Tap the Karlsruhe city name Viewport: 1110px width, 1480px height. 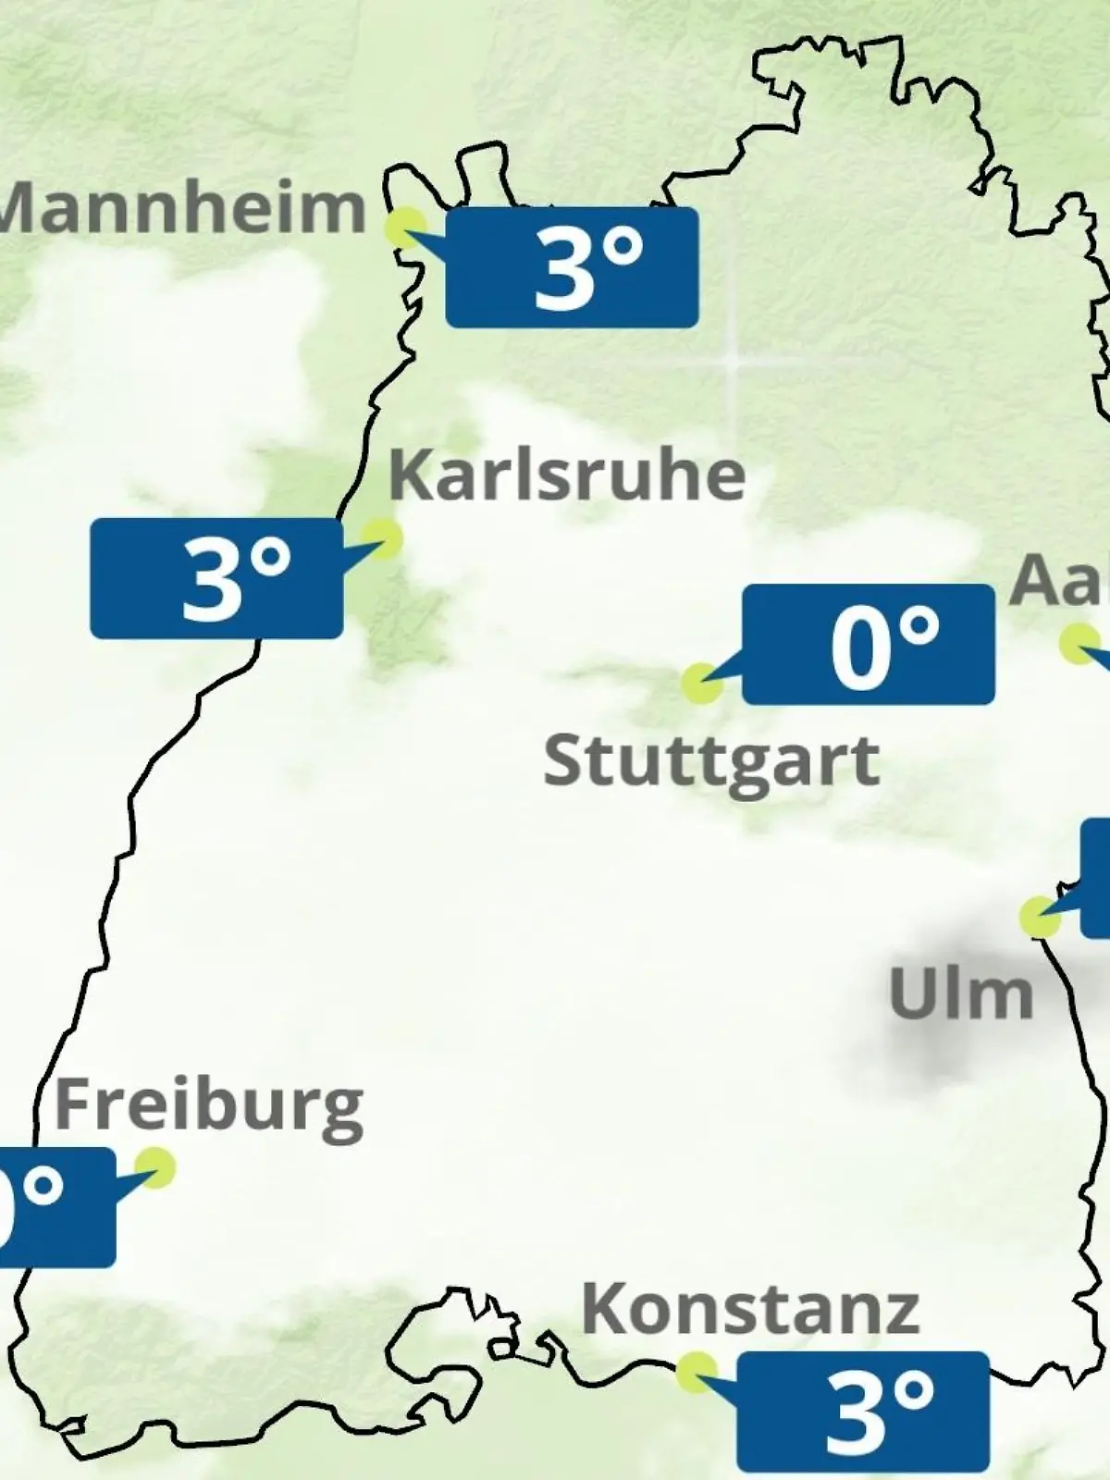(567, 475)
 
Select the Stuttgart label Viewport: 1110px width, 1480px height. (710, 762)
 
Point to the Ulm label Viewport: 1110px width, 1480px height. (960, 994)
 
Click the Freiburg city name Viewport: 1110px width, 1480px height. (209, 1106)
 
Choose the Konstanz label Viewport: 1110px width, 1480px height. (750, 1310)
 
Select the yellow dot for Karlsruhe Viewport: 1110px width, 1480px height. (381, 538)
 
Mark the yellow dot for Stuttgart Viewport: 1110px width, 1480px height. (701, 683)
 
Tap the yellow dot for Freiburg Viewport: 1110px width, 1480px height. (154, 1167)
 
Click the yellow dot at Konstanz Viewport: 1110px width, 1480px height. (696, 1372)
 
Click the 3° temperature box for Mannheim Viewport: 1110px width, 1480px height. (572, 267)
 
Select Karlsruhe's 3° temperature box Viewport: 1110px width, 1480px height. (216, 578)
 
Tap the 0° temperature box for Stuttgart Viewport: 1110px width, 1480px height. (869, 645)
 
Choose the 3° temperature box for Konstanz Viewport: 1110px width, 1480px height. (863, 1412)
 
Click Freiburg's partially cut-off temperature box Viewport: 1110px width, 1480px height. (55, 1207)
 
